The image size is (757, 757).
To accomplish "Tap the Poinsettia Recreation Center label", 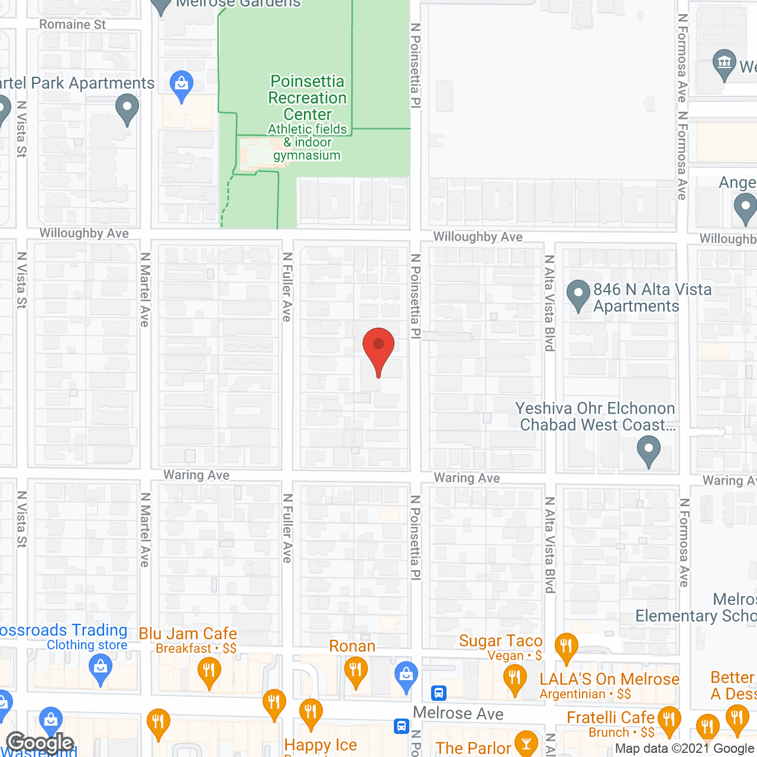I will pyautogui.click(x=307, y=98).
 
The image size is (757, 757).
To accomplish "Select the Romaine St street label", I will pyautogui.click(x=72, y=25).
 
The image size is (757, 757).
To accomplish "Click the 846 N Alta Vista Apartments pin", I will pyautogui.click(x=578, y=295).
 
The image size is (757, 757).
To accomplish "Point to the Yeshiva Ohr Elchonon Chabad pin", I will pyautogui.click(x=649, y=451).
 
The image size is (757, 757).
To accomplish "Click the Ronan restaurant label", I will pyautogui.click(x=352, y=646).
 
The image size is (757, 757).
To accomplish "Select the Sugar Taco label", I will pyautogui.click(x=500, y=641).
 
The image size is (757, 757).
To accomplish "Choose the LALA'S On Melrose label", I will pyautogui.click(x=609, y=680).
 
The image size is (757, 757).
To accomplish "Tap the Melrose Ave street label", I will pyautogui.click(x=458, y=713).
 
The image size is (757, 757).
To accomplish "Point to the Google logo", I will pyautogui.click(x=40, y=743).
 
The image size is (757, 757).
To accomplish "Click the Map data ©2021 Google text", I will pyautogui.click(x=685, y=749).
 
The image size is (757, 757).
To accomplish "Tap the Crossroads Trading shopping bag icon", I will pyautogui.click(x=101, y=670).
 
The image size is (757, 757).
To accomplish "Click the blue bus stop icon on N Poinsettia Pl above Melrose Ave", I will pyautogui.click(x=439, y=693).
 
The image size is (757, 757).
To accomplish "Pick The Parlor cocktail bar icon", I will pyautogui.click(x=526, y=744).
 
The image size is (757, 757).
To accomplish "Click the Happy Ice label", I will pyautogui.click(x=321, y=745).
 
